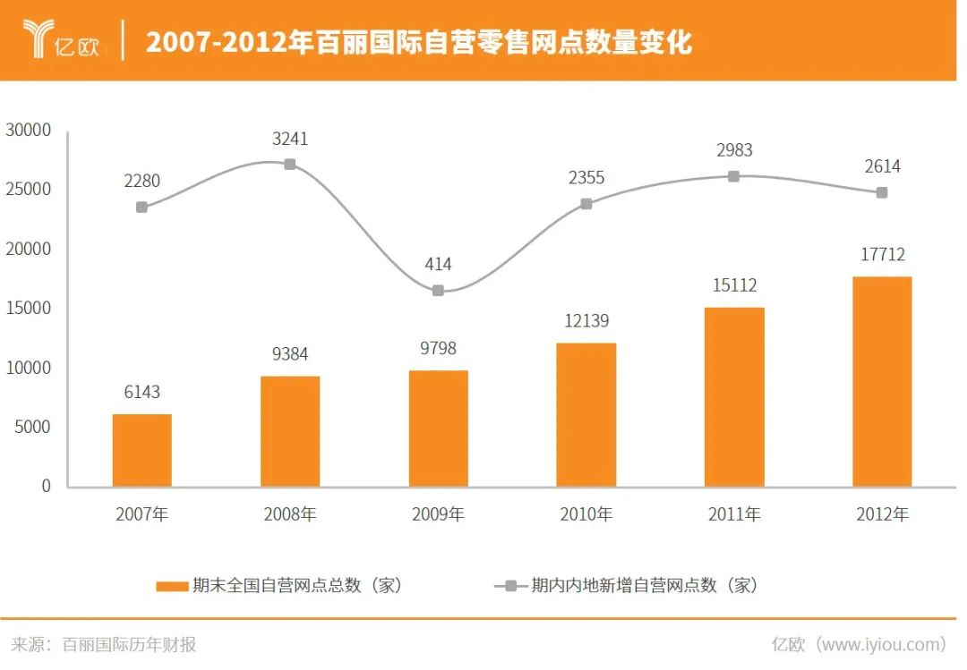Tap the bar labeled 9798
[438, 428]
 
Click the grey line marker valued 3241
[290, 165]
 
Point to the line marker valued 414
[438, 291]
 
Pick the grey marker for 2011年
[733, 176]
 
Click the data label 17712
[882, 255]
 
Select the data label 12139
[586, 320]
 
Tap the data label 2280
[142, 181]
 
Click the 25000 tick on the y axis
[29, 190]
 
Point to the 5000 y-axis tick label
[33, 427]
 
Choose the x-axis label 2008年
[290, 514]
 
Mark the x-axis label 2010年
[586, 514]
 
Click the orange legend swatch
[172, 586]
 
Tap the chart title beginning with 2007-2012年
[419, 41]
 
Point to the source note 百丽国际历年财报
[129, 644]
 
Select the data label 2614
[882, 166]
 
